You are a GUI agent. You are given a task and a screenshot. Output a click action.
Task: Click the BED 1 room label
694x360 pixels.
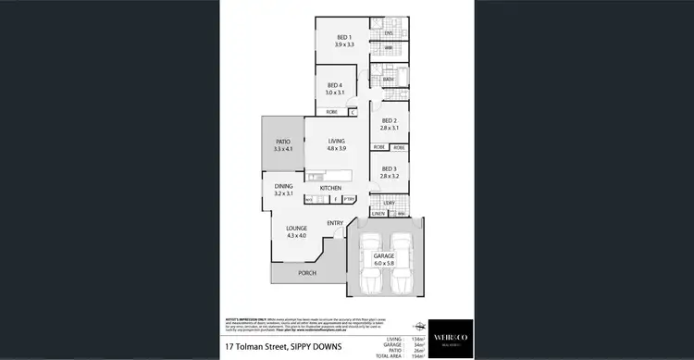343,38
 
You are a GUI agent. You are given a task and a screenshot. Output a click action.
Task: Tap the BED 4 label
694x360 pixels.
334,85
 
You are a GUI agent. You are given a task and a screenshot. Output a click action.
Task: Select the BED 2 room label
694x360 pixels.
390,121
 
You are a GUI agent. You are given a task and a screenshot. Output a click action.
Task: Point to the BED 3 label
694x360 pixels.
390,168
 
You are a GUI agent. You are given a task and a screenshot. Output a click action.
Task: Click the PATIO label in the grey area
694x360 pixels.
282,142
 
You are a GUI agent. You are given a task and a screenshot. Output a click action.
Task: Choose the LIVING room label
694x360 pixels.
336,141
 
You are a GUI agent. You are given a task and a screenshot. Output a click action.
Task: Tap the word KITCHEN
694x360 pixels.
331,188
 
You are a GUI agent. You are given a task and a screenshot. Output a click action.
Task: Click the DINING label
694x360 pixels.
283,187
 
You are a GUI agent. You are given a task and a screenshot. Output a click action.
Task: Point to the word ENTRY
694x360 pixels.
335,222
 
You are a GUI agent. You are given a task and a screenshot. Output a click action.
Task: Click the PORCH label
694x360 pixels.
307,273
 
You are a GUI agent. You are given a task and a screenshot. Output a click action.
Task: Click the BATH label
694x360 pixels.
389,80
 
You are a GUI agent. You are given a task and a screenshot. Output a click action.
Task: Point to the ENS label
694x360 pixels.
389,33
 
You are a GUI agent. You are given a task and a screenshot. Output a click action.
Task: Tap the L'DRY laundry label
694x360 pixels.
389,202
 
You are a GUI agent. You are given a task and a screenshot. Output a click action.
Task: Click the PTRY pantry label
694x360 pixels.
349,199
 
